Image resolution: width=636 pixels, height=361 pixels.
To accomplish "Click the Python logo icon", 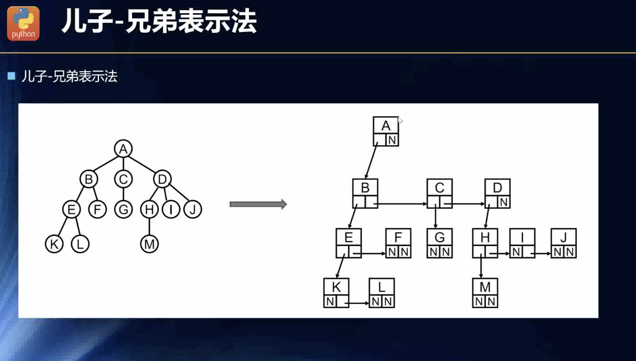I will (x=23, y=23).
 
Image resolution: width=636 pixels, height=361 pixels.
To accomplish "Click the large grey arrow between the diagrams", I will (x=258, y=204).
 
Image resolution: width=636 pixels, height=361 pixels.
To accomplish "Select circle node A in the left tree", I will (x=123, y=149).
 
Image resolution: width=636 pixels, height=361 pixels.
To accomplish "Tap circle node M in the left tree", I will (x=149, y=244).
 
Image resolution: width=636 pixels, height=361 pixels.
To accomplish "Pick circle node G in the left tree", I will (x=123, y=209).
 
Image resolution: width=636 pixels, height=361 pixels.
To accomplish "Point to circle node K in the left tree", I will (x=54, y=244).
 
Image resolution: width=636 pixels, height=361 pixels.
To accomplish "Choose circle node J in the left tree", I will (x=193, y=209).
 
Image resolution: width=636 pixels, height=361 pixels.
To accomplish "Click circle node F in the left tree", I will (x=97, y=209).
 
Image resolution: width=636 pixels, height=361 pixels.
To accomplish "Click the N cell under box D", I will (x=503, y=202).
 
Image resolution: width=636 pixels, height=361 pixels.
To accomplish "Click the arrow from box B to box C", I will (x=401, y=204).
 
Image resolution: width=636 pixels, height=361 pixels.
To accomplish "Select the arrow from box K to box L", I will (x=359, y=304).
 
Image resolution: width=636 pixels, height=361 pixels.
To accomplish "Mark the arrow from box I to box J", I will (x=543, y=253).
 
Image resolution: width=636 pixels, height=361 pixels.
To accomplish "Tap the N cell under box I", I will (x=516, y=252).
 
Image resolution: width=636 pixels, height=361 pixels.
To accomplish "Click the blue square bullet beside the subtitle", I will (x=12, y=76).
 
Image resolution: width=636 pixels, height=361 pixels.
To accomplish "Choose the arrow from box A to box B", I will (x=371, y=160).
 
